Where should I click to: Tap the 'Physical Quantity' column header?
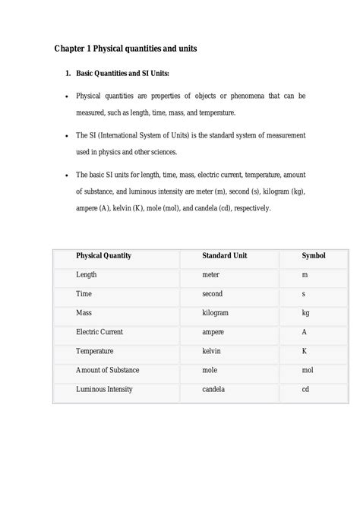103,256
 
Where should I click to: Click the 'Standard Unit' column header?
226,256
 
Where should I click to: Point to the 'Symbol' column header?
314,256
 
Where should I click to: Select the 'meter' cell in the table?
210,274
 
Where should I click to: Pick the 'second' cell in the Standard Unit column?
212,293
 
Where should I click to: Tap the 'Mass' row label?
84,312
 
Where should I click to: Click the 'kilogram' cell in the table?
216,312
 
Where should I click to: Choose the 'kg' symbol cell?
305,312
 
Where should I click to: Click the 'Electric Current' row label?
99,332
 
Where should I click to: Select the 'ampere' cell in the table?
213,332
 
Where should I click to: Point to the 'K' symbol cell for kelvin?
304,351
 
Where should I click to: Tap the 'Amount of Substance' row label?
107,370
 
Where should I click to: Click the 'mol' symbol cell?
307,370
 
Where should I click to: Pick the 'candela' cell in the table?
213,389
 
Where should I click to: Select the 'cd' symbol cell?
305,389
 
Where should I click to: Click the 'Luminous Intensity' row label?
104,389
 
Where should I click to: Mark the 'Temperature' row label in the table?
96,351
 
